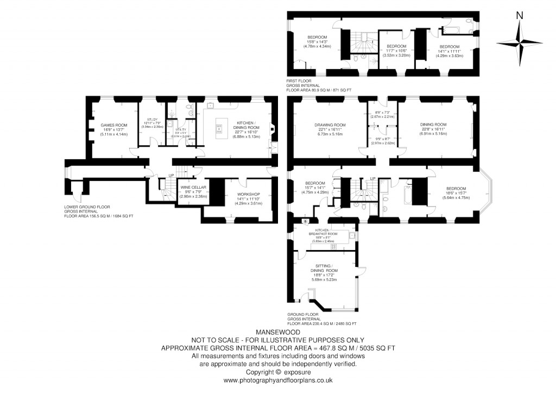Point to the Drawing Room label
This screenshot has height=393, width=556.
[x=330, y=125]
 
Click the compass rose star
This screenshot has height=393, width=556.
[x=520, y=42]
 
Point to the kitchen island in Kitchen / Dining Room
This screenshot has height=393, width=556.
[x=220, y=128]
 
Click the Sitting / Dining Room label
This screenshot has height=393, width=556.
[x=324, y=270]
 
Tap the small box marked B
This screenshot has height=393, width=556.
[x=305, y=222]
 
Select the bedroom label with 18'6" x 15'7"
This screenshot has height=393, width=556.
[x=456, y=190]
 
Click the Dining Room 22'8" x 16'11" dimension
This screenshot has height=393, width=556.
[x=433, y=129]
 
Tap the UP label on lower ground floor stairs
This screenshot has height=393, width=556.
[x=172, y=176]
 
